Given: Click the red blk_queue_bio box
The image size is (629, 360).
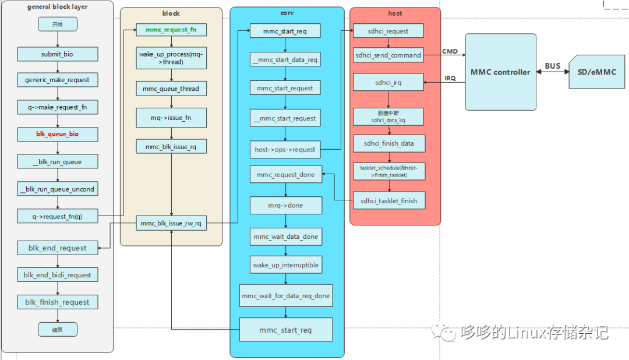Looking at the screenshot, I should (x=57, y=135).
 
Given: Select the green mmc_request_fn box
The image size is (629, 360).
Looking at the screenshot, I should (x=171, y=30).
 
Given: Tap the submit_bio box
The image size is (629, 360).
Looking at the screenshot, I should (x=57, y=54).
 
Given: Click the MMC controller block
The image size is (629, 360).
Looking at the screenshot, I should (x=500, y=72).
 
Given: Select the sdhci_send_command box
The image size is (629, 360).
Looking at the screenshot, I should (x=388, y=55).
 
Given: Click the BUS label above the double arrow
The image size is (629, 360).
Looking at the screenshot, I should (x=553, y=65).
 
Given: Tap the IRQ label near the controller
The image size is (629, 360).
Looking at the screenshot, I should (x=450, y=78).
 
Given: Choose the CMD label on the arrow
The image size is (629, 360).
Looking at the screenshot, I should (x=450, y=52).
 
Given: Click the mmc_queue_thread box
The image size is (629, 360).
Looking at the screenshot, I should (x=171, y=89).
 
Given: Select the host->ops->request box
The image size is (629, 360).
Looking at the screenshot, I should (x=285, y=149).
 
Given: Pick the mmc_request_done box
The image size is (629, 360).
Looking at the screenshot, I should (x=285, y=175).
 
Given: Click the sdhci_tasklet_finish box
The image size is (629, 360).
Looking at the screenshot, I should (x=388, y=201).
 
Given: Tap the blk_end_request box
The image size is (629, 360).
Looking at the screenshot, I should (x=57, y=248).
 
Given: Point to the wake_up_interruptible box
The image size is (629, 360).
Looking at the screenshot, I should (x=285, y=265).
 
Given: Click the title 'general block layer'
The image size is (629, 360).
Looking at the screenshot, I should (x=57, y=7).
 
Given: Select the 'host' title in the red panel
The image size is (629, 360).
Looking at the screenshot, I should (x=395, y=13).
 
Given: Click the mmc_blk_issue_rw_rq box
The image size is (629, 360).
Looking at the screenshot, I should (x=171, y=223).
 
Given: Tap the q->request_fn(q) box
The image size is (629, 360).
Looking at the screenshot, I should (x=57, y=216).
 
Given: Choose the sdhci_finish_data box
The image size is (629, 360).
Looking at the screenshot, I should (x=388, y=143).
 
